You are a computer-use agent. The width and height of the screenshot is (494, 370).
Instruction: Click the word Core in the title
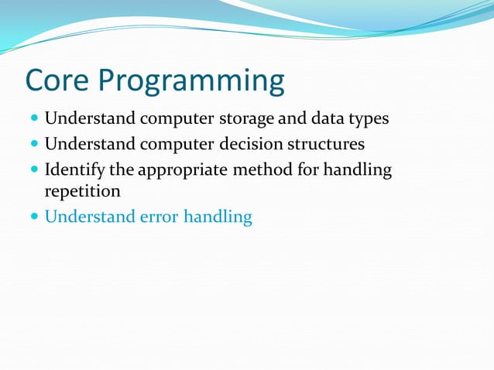click(x=60, y=81)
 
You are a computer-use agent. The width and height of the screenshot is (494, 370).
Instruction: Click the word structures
click(x=324, y=145)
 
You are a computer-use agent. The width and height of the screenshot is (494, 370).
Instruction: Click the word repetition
click(x=82, y=191)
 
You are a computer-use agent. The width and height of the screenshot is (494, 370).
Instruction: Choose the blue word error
click(x=158, y=217)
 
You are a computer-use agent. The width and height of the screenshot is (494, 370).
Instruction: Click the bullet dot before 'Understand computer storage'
click(x=33, y=121)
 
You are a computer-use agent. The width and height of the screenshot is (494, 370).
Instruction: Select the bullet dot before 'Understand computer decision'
click(x=33, y=146)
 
